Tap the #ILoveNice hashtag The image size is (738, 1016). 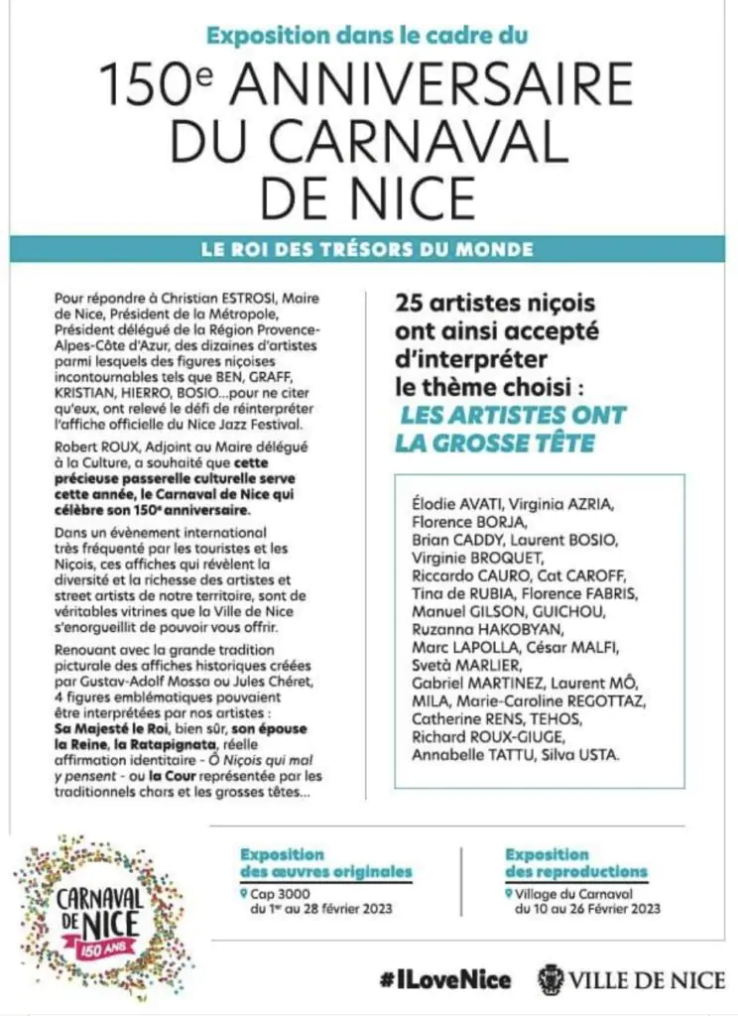pyautogui.click(x=444, y=980)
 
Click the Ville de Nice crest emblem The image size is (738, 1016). pyautogui.click(x=552, y=979)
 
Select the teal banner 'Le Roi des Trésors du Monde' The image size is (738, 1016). pyautogui.click(x=369, y=249)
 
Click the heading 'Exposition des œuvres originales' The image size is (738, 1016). pyautogui.click(x=326, y=863)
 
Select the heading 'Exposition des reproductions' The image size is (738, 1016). pyautogui.click(x=575, y=863)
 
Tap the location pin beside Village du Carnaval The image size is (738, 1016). pyautogui.click(x=508, y=892)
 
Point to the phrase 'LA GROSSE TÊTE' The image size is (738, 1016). pyautogui.click(x=495, y=443)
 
